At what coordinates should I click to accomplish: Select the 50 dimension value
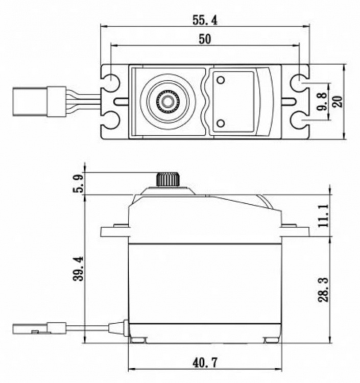204,39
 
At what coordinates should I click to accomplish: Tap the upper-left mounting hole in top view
111,82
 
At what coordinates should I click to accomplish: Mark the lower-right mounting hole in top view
298,121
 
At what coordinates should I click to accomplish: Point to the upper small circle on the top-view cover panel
221,80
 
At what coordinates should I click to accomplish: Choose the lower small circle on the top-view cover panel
221,123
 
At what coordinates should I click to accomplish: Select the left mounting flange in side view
114,231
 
